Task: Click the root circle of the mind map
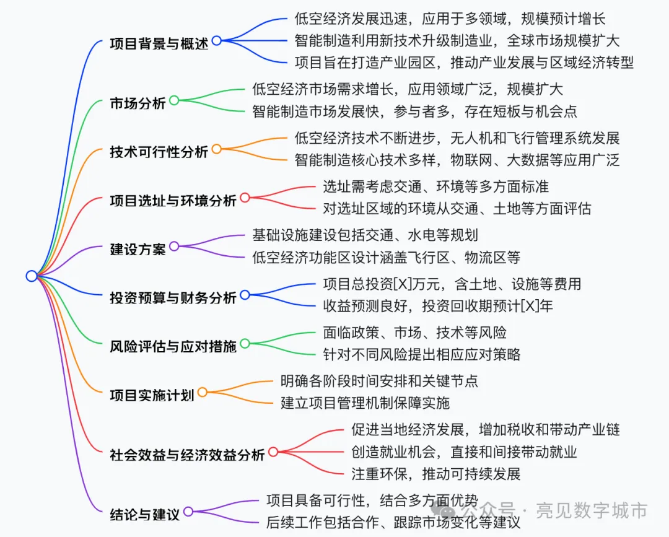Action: (32, 276)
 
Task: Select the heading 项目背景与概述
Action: (159, 44)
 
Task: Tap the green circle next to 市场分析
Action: (174, 100)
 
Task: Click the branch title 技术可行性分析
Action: (159, 152)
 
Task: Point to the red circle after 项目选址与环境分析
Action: (245, 198)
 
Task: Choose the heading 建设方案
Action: (138, 249)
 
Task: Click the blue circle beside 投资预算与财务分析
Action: (245, 295)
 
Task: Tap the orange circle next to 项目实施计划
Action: (202, 392)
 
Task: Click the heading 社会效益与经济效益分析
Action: (187, 455)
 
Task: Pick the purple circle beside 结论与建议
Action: (188, 512)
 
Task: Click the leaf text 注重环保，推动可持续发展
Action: (435, 474)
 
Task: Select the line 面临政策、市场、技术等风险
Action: (414, 333)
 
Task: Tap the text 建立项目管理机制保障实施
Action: (365, 403)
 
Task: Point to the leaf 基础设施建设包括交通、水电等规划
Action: (365, 235)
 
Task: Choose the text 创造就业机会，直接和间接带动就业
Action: (464, 452)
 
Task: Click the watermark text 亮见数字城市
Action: (592, 510)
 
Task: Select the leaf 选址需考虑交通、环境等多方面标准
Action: (435, 186)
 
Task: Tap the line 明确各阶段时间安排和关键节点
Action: (379, 380)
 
